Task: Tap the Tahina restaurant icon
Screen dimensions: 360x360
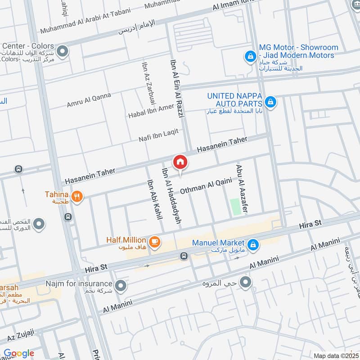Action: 77,197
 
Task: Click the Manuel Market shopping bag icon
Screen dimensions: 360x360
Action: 253,244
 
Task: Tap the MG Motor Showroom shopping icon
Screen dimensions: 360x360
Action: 250,57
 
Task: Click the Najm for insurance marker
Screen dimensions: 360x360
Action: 120,285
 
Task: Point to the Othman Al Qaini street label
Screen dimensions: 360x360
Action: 206,186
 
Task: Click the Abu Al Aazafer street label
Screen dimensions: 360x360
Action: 242,189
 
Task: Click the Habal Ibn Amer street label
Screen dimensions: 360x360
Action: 151,110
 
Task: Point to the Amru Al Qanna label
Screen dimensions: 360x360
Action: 89,100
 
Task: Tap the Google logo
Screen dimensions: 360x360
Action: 19,353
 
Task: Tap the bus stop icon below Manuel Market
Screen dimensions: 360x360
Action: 184,256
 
